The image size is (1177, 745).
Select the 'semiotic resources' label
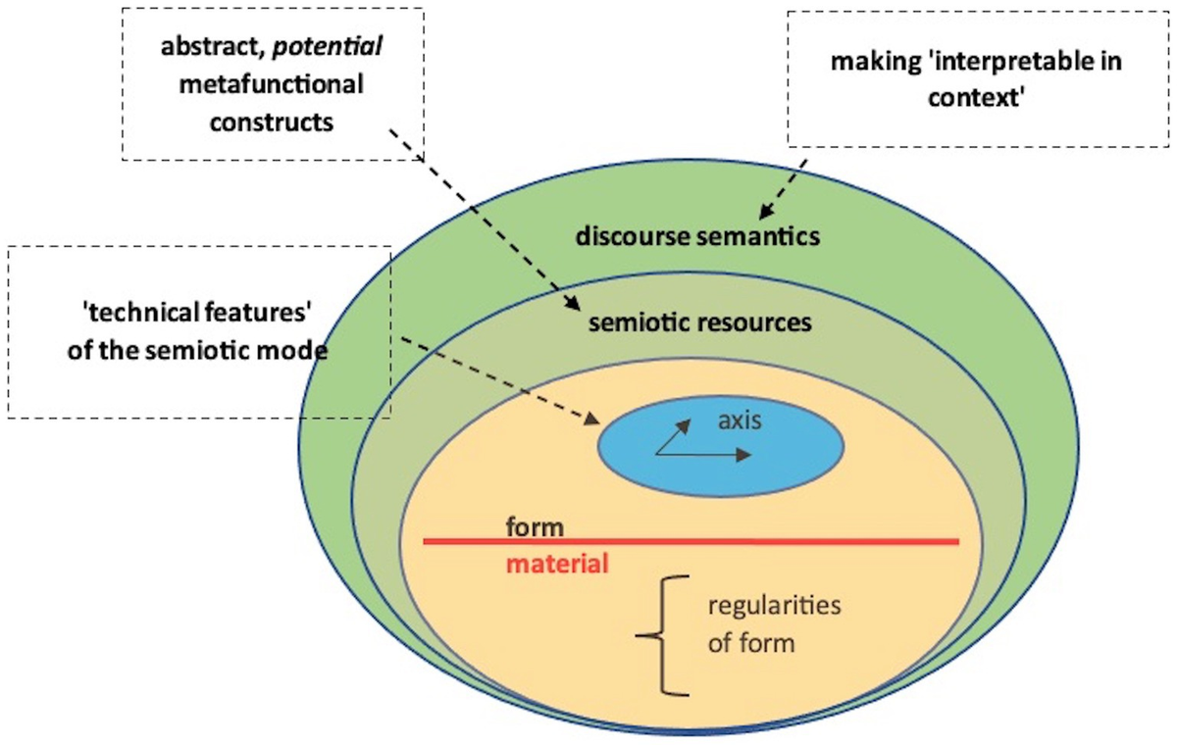pos(699,322)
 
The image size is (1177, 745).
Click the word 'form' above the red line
pos(535,527)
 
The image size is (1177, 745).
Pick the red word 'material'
pos(557,565)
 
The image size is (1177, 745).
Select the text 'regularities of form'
pos(773,624)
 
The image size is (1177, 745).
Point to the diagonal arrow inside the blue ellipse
pos(672,438)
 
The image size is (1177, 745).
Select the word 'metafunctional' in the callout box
pos(271,84)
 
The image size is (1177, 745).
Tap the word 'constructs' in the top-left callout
pos(271,123)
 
